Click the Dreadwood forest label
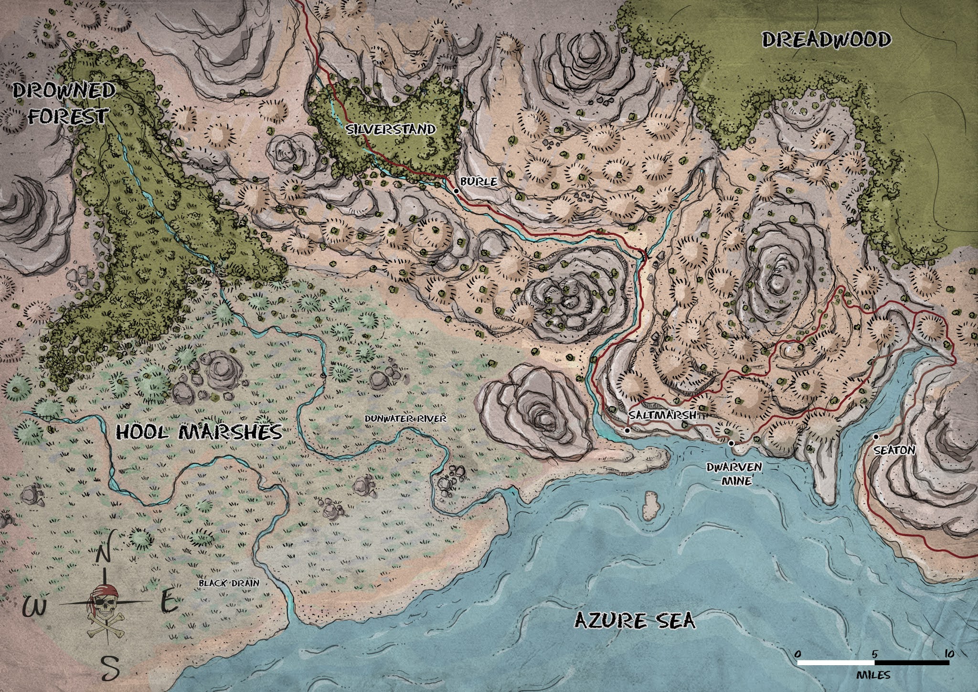click(826, 40)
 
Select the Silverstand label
click(392, 129)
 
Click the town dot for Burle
click(456, 191)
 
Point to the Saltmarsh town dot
click(627, 431)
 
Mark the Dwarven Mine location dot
click(731, 443)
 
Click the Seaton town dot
click(875, 437)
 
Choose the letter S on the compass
click(110, 668)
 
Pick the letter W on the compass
click(35, 607)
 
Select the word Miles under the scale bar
click(873, 676)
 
